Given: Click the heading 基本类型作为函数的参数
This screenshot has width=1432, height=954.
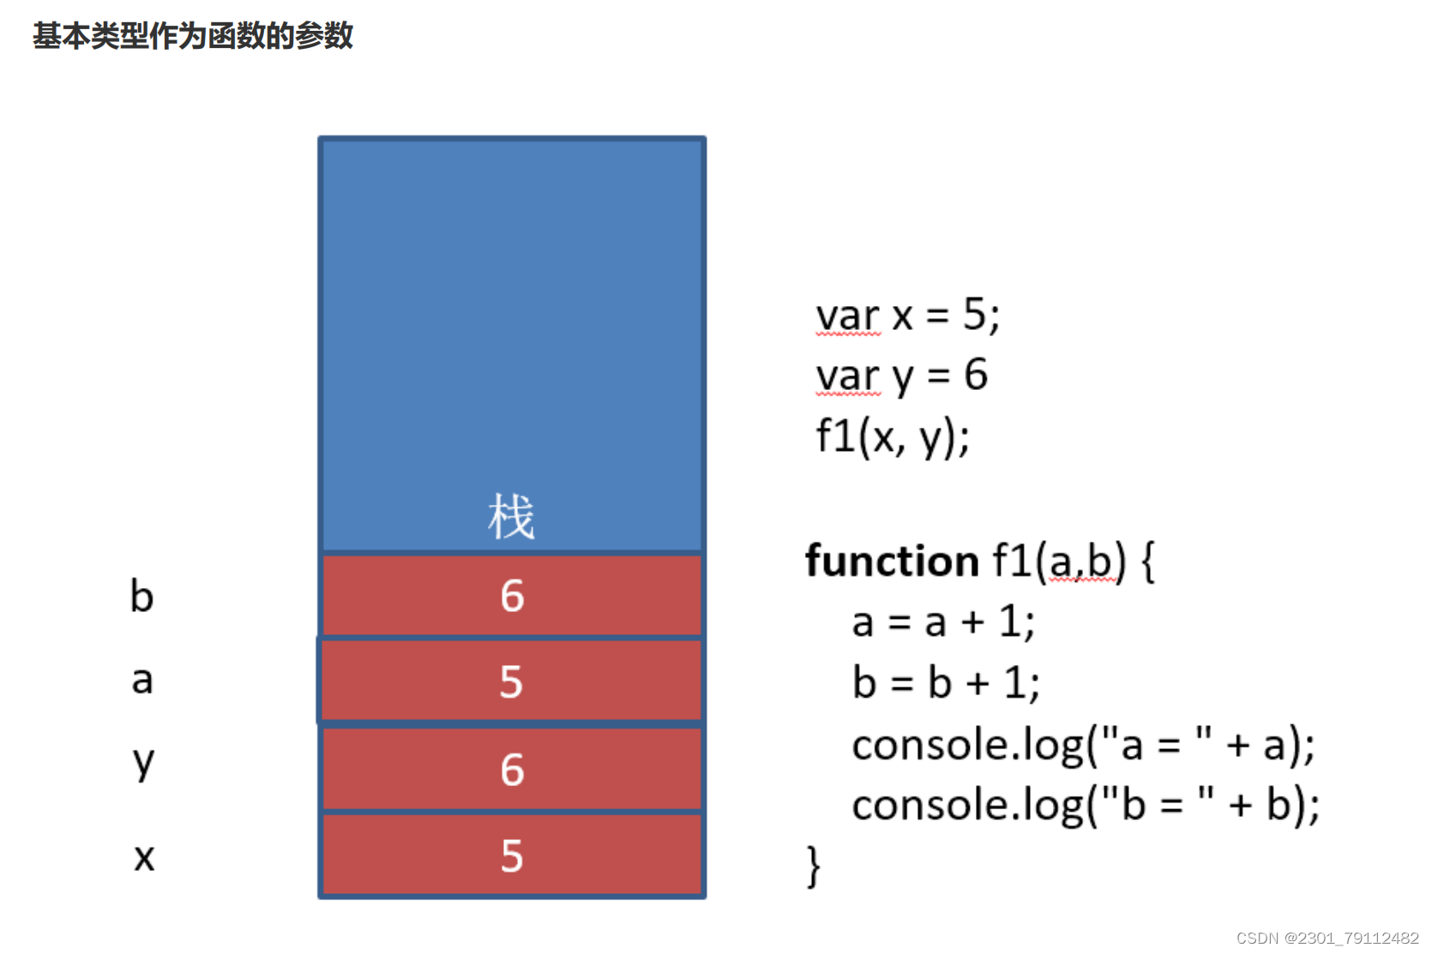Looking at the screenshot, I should pyautogui.click(x=193, y=36).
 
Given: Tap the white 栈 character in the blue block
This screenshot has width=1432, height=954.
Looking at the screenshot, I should pyautogui.click(x=511, y=517).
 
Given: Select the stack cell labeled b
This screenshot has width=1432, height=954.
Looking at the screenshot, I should pyautogui.click(x=512, y=596).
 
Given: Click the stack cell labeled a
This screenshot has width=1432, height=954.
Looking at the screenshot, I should pyautogui.click(x=512, y=681).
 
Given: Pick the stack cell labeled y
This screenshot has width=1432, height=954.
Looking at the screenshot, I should pyautogui.click(x=512, y=769).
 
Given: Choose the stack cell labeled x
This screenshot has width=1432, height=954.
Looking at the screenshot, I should pyautogui.click(x=512, y=855).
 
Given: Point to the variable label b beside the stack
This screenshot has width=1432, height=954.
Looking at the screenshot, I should pyautogui.click(x=142, y=596).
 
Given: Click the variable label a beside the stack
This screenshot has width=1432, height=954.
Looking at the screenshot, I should pyautogui.click(x=142, y=680).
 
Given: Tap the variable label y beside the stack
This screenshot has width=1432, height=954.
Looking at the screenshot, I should pyautogui.click(x=143, y=762).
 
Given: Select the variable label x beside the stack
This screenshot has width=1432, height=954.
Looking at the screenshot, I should pyautogui.click(x=144, y=856).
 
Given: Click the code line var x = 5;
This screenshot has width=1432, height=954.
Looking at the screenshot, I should pyautogui.click(x=907, y=315).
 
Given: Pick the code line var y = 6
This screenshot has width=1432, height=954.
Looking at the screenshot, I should pyautogui.click(x=901, y=375).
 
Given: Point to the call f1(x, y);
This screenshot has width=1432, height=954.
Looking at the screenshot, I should pyautogui.click(x=892, y=436).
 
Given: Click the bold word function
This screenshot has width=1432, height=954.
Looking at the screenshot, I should pyautogui.click(x=892, y=561).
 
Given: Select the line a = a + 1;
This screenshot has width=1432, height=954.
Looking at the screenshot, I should pyautogui.click(x=943, y=621).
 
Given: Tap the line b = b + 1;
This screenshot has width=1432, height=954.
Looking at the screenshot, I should pyautogui.click(x=946, y=683).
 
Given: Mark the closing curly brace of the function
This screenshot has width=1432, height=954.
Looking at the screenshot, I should pyautogui.click(x=813, y=866).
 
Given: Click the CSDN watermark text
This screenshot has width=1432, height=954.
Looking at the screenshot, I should pyautogui.click(x=1327, y=939).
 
